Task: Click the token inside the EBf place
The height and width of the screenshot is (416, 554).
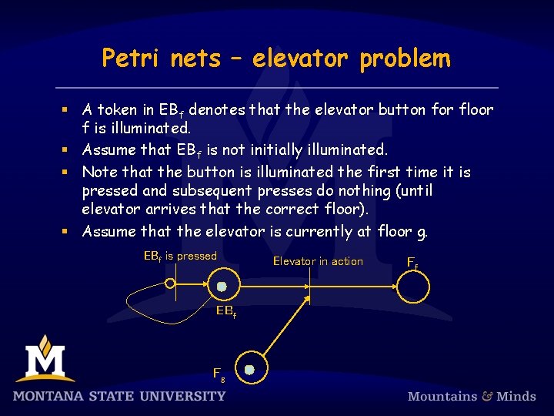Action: pos(222,287)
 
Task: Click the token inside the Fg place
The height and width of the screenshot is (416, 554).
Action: pos(249,370)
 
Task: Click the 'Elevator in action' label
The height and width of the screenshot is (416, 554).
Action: pos(318,261)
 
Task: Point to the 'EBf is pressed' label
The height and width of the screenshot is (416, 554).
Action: pos(181,257)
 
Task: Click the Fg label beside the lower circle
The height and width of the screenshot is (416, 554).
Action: pos(219,374)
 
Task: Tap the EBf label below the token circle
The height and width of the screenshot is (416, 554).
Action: pos(225,311)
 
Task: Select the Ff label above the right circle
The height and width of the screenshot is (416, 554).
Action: pos(412,262)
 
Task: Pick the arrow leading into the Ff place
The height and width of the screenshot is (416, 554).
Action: pos(354,287)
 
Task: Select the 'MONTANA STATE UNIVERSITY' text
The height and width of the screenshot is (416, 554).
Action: pos(119,396)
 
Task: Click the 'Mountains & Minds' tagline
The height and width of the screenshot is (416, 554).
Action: pos(472,396)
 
